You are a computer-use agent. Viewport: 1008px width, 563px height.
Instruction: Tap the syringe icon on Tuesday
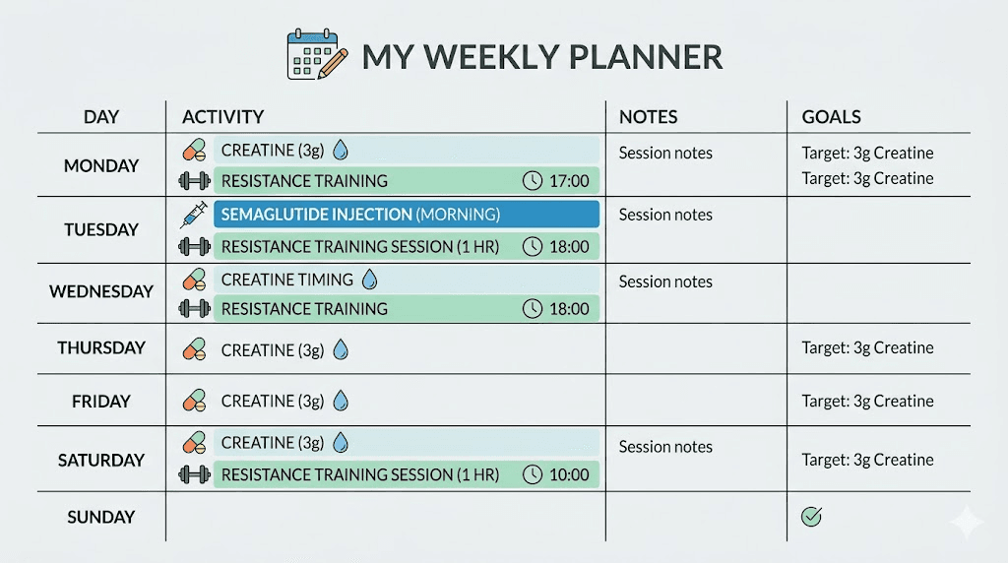pos(195,215)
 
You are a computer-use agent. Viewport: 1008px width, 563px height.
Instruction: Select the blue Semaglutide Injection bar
pos(406,215)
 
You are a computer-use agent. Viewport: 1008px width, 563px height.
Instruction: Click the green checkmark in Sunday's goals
pos(811,517)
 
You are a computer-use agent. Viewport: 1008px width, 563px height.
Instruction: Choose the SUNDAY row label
pos(101,517)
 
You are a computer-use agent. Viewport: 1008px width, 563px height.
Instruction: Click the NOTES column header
pos(648,117)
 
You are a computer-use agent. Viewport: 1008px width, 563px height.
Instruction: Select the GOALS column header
pos(831,117)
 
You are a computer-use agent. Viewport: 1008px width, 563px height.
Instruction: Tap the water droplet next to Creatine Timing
pos(369,280)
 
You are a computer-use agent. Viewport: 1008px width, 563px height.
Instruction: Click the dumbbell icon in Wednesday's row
pos(195,309)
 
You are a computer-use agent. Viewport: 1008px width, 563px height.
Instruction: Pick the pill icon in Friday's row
pos(195,401)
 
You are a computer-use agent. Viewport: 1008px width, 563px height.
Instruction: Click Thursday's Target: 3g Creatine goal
pos(867,347)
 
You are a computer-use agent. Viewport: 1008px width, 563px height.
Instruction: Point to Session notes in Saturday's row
pos(665,447)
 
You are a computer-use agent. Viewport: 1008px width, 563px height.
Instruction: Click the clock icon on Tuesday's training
pos(533,247)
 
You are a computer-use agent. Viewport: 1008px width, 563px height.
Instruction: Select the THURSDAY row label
pos(101,347)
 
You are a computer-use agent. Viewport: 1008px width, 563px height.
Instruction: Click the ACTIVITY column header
pos(223,117)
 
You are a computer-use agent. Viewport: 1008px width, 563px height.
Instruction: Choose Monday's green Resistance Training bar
pos(406,181)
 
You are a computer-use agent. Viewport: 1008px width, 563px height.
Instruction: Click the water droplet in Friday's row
pos(340,401)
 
